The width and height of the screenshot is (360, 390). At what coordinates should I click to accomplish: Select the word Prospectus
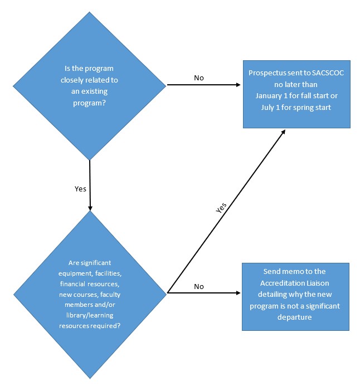point(267,73)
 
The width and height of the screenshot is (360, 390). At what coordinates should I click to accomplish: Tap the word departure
point(296,317)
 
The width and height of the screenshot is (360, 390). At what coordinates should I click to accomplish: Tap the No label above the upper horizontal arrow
point(198,78)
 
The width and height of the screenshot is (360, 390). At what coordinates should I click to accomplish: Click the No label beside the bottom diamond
point(198,286)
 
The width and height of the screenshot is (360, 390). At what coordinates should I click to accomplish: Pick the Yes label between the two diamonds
point(80,189)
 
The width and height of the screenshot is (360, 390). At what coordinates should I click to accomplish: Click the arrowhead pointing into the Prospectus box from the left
point(238,85)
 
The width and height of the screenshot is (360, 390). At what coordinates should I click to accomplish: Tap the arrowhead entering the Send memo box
point(238,292)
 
